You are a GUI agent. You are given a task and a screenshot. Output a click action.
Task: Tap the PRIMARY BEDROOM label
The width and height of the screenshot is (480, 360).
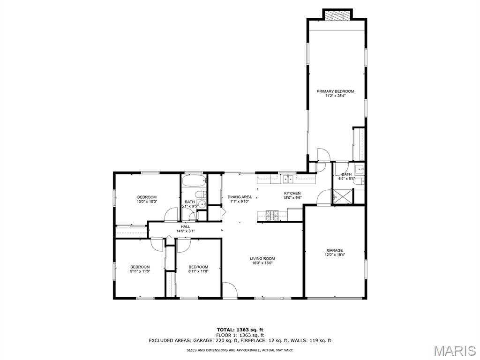(335, 91)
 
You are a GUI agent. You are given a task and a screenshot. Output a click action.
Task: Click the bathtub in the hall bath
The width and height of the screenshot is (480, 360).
(194, 180)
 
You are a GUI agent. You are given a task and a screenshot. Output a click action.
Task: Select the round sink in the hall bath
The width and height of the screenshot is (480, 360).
(202, 204)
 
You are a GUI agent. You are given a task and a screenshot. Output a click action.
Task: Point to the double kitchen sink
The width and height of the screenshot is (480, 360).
(288, 179)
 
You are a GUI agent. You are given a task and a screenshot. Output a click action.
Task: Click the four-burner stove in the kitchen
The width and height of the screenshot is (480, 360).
(272, 215)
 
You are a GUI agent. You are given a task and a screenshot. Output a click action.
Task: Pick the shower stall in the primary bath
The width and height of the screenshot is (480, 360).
(343, 196)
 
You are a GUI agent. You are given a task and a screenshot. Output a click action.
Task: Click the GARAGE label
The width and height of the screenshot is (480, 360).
(335, 250)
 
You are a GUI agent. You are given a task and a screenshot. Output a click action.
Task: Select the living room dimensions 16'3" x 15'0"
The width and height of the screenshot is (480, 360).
(262, 262)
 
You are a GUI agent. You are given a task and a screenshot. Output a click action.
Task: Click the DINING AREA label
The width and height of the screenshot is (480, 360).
(240, 197)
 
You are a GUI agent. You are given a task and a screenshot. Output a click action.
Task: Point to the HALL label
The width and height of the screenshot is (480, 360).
(185, 227)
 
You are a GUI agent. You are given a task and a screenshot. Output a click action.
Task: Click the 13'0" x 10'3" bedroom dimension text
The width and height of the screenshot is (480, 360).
(147, 202)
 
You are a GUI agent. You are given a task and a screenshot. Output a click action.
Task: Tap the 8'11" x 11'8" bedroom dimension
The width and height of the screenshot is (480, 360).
(198, 271)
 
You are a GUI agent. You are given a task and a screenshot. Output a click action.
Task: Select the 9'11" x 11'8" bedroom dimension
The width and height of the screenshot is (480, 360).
(140, 271)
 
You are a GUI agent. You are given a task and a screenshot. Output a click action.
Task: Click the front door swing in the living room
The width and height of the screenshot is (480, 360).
(230, 290)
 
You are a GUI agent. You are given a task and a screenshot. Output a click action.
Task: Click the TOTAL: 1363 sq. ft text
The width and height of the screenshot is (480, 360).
(240, 330)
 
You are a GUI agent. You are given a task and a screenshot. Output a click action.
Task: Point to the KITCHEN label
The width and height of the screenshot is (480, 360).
(292, 193)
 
